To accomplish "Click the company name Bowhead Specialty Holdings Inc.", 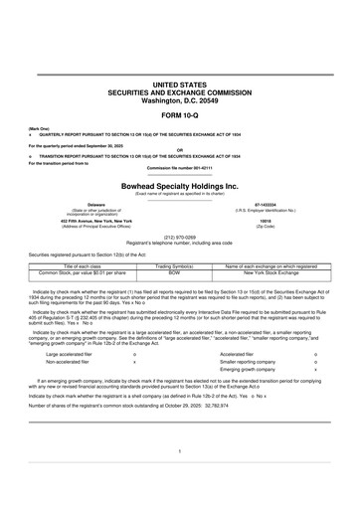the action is pyautogui.click(x=180, y=185).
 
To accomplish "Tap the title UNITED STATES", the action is pyautogui.click(x=180, y=75).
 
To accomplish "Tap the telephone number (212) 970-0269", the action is pyautogui.click(x=180, y=238).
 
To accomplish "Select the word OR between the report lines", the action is pyautogui.click(x=180, y=150).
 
